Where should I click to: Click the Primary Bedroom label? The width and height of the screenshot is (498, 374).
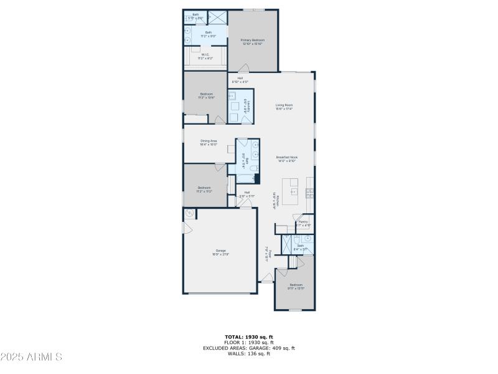pyautogui.click(x=251, y=42)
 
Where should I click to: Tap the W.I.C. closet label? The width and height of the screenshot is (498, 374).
pyautogui.click(x=205, y=57)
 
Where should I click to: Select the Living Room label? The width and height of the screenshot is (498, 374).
pyautogui.click(x=284, y=107)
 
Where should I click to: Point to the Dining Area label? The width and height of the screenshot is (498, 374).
pyautogui.click(x=209, y=142)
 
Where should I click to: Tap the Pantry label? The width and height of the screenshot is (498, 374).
pyautogui.click(x=303, y=223)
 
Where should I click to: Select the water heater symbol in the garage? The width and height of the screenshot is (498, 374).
pyautogui.click(x=189, y=214)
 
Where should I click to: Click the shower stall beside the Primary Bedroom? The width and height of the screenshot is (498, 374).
pyautogui.click(x=217, y=17)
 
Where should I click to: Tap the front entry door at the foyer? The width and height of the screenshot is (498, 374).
pyautogui.click(x=266, y=282)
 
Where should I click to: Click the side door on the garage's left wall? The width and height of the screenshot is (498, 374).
pyautogui.click(x=184, y=227)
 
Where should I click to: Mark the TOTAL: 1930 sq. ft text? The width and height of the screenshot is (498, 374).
pyautogui.click(x=248, y=337)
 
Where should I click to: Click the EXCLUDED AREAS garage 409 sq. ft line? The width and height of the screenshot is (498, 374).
pyautogui.click(x=248, y=348)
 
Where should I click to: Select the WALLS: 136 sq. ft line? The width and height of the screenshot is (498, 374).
pyautogui.click(x=248, y=353)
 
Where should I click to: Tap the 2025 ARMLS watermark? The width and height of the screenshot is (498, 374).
pyautogui.click(x=31, y=357)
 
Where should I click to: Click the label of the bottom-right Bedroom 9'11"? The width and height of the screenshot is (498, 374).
pyautogui.click(x=296, y=286)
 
